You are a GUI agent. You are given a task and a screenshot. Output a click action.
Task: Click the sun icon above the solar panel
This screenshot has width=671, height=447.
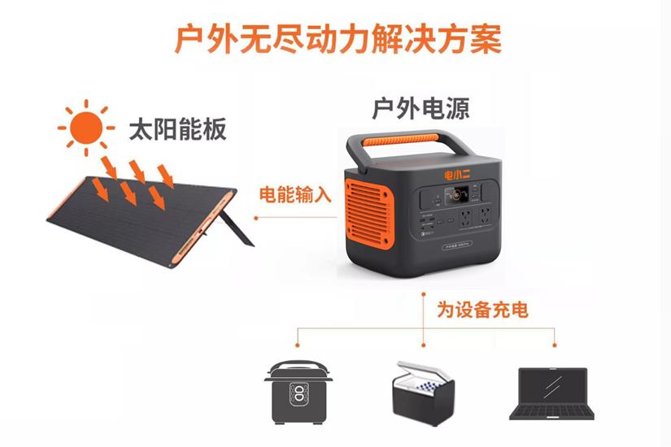tap(85, 126)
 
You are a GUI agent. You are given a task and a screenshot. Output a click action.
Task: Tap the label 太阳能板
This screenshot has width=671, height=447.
tap(177, 130)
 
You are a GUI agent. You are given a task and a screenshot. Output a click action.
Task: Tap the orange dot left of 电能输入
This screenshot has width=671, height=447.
tap(255, 217)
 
